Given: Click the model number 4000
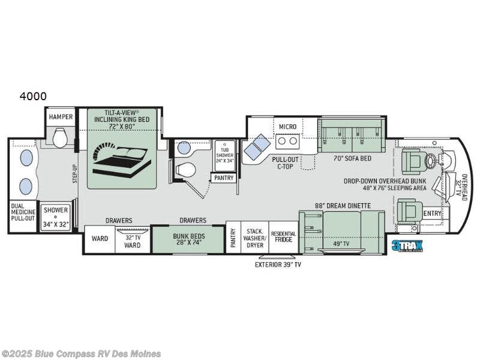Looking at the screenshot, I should click(33, 96).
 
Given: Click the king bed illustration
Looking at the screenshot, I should click(121, 158).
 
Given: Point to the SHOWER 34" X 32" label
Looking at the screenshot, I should click(56, 216).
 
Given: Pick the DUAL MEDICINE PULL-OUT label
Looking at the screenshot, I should click(23, 217).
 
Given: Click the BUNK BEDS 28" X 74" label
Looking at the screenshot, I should click(188, 239).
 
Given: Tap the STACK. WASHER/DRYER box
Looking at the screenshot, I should click(255, 237).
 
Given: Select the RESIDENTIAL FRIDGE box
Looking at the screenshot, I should click(283, 237).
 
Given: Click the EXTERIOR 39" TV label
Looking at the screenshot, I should click(277, 264).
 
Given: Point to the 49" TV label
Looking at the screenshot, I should click(341, 244).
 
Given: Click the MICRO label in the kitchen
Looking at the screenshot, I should click(288, 127).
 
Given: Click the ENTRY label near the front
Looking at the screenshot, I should click(431, 213).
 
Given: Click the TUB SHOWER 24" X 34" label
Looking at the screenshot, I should click(226, 151).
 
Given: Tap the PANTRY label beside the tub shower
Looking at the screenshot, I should click(223, 178).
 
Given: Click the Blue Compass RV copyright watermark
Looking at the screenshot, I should click(81, 353).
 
